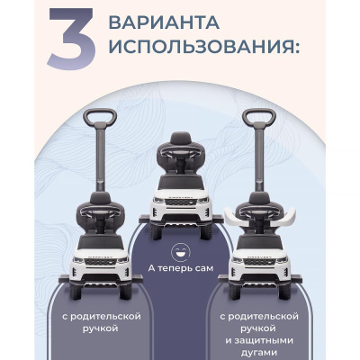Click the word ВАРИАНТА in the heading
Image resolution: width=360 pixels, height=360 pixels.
pyautogui.click(x=164, y=22)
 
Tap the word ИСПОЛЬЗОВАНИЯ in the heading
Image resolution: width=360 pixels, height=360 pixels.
pyautogui.click(x=204, y=47)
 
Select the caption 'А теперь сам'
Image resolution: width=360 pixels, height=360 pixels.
pyautogui.click(x=181, y=268)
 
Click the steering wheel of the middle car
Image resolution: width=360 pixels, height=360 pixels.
pyautogui.click(x=181, y=152)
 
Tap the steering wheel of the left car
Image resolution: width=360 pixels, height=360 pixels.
pyautogui.click(x=100, y=211)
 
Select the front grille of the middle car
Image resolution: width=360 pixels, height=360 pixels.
pyautogui.click(x=181, y=202)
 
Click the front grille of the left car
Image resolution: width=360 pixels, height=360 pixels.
pyautogui.click(x=100, y=262)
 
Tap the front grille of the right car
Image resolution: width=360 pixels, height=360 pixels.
pyautogui.click(x=259, y=262)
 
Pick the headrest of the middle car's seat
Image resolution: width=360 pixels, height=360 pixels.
pyautogui.click(x=181, y=138)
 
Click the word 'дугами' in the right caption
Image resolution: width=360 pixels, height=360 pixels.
pyautogui.click(x=259, y=353)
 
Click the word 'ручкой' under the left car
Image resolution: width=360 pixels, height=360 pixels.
pyautogui.click(x=100, y=328)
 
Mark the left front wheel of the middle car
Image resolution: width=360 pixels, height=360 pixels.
pyautogui.click(x=156, y=231)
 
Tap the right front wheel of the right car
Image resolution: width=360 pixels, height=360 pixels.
pyautogui.click(x=284, y=292)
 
